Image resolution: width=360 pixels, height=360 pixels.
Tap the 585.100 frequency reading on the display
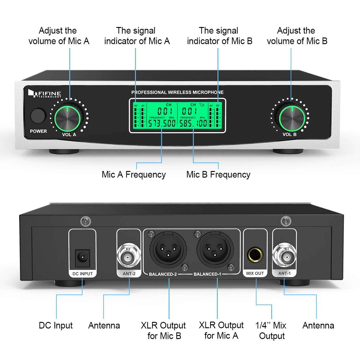pyautogui.click(x=193, y=123)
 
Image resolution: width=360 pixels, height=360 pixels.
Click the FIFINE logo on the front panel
pyautogui.click(x=45, y=94)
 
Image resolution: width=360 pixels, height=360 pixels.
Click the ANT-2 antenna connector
pyautogui.click(x=128, y=257)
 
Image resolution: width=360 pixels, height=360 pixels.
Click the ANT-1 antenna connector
pyautogui.click(x=284, y=256)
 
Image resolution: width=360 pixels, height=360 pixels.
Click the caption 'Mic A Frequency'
pyautogui.click(x=133, y=175)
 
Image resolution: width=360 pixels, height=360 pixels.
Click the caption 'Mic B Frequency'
pyautogui.click(x=218, y=175)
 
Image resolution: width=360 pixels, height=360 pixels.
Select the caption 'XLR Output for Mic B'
pyautogui.click(x=163, y=330)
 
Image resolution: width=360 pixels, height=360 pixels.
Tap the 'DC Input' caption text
pyautogui.click(x=55, y=325)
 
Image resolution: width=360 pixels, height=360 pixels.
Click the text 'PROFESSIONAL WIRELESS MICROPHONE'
pyautogui.click(x=177, y=92)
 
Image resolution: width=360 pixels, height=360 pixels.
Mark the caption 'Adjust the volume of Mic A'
pyautogui.click(x=58, y=36)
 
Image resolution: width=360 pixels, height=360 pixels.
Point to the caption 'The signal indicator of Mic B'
pyautogui.click(x=219, y=36)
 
